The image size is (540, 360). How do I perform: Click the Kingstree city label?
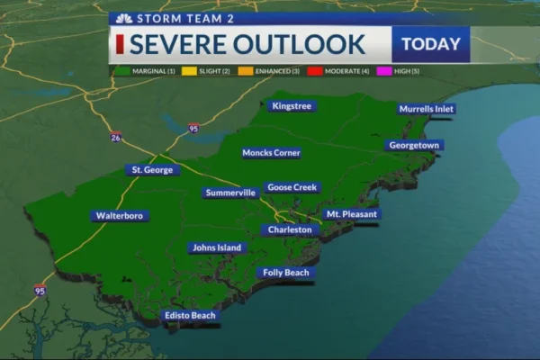point(292,106)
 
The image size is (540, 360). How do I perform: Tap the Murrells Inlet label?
point(427,109)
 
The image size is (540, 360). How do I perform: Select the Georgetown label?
point(414,145)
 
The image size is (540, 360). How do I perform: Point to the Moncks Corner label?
point(271,153)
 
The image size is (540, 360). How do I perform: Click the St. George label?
point(152,169)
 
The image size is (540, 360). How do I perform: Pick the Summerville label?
point(231,193)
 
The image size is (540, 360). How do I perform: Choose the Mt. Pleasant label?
point(353,214)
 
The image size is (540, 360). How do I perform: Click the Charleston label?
point(291,229)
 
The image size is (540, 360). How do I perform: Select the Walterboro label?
point(121,216)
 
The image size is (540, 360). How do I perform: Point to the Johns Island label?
point(217,247)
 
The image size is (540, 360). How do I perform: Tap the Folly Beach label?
point(285,273)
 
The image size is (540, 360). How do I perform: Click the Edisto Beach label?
point(191,316)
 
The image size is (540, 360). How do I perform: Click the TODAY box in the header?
point(430,44)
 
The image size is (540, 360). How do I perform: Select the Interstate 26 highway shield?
point(116,137)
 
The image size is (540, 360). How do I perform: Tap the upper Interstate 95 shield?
point(193,129)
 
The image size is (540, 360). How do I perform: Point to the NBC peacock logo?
point(123,17)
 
